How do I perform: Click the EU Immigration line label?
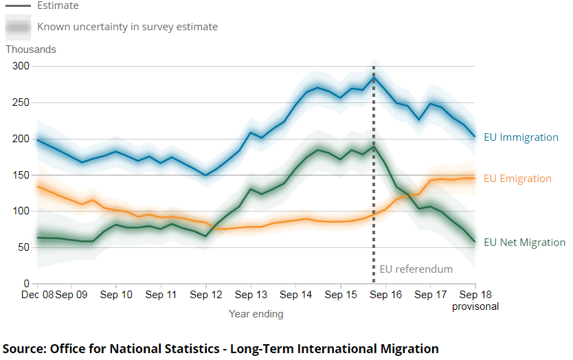pyautogui.click(x=521, y=137)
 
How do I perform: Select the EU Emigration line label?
pyautogui.click(x=517, y=179)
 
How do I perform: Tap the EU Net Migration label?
pyautogui.click(x=524, y=243)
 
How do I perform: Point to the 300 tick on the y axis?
pyautogui.click(x=21, y=66)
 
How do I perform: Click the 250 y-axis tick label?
pyautogui.click(x=21, y=102)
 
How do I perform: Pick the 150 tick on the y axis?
pyautogui.click(x=21, y=175)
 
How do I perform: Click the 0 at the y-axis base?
pyautogui.click(x=27, y=284)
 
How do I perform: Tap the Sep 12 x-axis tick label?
pyautogui.click(x=206, y=295)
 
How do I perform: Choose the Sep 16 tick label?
pyautogui.click(x=385, y=295)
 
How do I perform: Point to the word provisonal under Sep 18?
pyautogui.click(x=475, y=306)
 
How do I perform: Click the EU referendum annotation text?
pyautogui.click(x=416, y=269)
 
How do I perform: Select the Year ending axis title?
pyautogui.click(x=256, y=314)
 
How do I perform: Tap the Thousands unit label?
pyautogui.click(x=31, y=49)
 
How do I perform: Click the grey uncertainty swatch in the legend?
pyautogui.click(x=18, y=27)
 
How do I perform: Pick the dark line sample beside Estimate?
pyautogui.click(x=18, y=5)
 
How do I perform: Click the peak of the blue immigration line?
pyautogui.click(x=374, y=76)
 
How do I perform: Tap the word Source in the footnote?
pyautogui.click(x=24, y=348)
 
